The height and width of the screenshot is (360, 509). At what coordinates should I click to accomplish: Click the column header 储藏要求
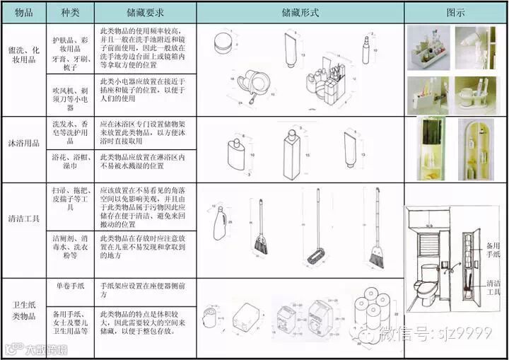(x=144, y=13)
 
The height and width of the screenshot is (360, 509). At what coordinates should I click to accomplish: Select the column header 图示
(x=455, y=13)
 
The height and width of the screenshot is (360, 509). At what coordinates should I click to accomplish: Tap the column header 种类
(x=71, y=13)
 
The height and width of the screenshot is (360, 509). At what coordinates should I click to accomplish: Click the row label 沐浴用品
(x=23, y=142)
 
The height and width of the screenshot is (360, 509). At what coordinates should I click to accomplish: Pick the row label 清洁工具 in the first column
(x=23, y=231)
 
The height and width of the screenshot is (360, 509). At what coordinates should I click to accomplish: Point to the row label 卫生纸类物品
(x=23, y=311)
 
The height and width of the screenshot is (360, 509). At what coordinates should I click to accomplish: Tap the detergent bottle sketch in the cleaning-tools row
(x=220, y=225)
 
